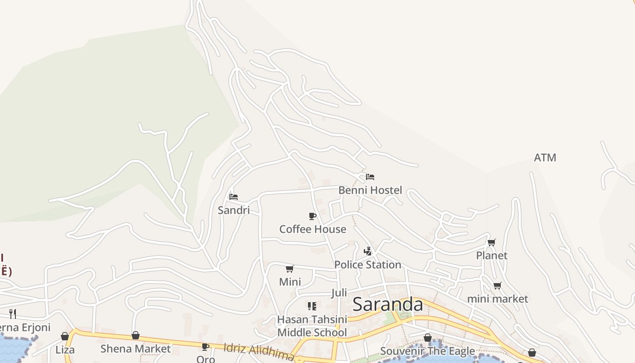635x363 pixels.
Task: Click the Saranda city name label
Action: tap(388, 304)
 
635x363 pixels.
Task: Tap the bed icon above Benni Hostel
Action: tap(370, 177)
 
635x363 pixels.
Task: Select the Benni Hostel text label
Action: tap(370, 190)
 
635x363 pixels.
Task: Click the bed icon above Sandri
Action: tap(234, 196)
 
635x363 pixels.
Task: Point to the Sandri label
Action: tap(234, 210)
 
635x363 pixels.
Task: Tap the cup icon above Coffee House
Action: tap(312, 216)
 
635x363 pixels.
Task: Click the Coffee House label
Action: tap(313, 229)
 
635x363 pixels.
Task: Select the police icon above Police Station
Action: tap(368, 251)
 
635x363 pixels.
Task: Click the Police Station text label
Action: tap(367, 265)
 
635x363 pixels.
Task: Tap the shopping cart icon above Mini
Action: tap(290, 269)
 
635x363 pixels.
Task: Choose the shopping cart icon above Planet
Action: tap(492, 242)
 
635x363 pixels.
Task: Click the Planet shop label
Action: tap(492, 255)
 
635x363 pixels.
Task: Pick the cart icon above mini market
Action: tap(498, 285)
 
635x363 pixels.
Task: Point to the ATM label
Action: tap(545, 157)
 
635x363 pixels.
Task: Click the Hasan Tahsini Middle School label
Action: tap(312, 326)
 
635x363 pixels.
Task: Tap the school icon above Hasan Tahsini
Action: tap(312, 306)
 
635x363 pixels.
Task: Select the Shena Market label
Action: tap(136, 348)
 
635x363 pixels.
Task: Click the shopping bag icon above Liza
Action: tap(65, 336)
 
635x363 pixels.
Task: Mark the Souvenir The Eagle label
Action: tap(427, 351)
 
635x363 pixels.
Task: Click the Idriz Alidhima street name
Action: tap(259, 352)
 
